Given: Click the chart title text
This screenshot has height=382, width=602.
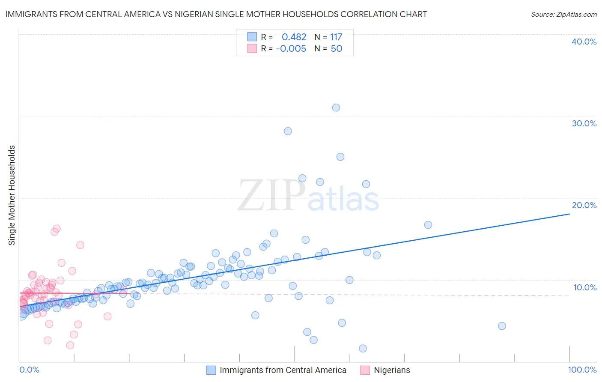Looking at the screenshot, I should coord(216,14).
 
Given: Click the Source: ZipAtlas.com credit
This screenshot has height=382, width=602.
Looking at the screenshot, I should coord(563,14).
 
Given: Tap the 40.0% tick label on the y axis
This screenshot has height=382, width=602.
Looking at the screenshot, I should coord(584,42).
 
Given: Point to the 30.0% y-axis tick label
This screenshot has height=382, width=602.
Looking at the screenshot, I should coord(584,123).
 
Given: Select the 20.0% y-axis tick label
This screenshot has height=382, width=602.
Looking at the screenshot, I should coord(584,205).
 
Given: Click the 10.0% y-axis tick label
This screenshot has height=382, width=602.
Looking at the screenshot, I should coord(584,287).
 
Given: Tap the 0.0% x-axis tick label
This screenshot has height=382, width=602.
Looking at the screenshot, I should coord(29,370).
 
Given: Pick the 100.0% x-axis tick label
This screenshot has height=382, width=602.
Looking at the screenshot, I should coord(582,370).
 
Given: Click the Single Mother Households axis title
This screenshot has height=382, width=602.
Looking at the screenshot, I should coord(12,195).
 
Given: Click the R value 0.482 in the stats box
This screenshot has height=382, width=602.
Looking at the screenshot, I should coord(294,37).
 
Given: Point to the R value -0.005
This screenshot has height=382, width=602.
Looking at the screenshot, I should coord(291,49).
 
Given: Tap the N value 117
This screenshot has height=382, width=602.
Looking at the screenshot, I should coord(336,37).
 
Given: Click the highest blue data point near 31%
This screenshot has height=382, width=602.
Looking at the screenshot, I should coord(336,107).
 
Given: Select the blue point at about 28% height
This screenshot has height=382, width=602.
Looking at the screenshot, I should coord(288,131).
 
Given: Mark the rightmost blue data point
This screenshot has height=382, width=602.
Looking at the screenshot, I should coord(502,326).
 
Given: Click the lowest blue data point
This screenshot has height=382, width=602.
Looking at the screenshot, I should coord(363,349).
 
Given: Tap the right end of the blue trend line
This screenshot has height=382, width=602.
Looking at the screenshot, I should coord(569,213).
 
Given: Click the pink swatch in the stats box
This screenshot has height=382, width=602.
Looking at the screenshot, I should coord(252,49).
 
